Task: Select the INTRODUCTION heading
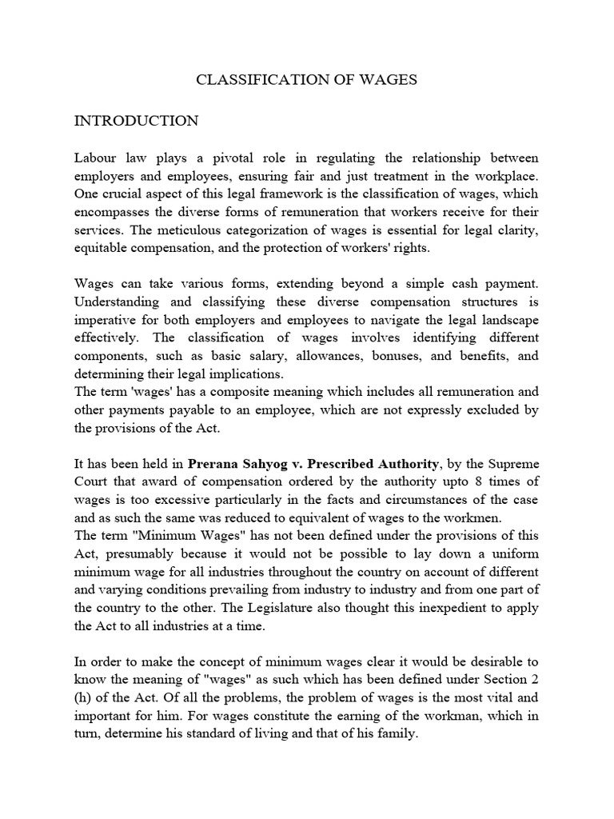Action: click(136, 121)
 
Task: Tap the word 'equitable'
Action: click(103, 248)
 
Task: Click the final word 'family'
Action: click(397, 735)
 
